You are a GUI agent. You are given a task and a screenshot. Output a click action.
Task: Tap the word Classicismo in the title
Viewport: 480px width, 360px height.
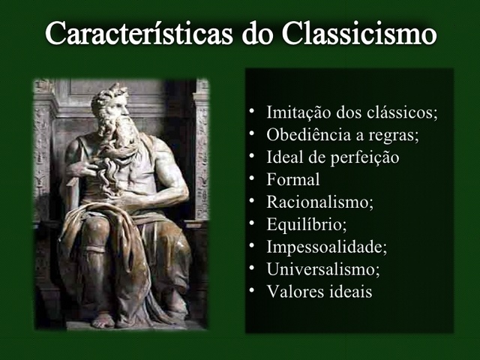pos(360,34)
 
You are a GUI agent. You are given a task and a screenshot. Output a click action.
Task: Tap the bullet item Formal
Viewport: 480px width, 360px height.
pos(293,180)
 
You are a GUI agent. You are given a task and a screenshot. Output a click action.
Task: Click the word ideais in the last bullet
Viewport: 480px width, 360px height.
pos(348,291)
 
